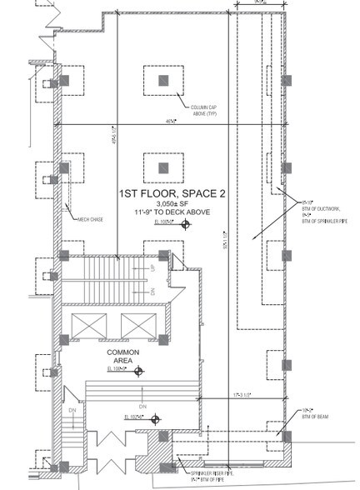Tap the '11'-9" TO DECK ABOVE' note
[163, 213]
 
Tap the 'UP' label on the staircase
[153, 270]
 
